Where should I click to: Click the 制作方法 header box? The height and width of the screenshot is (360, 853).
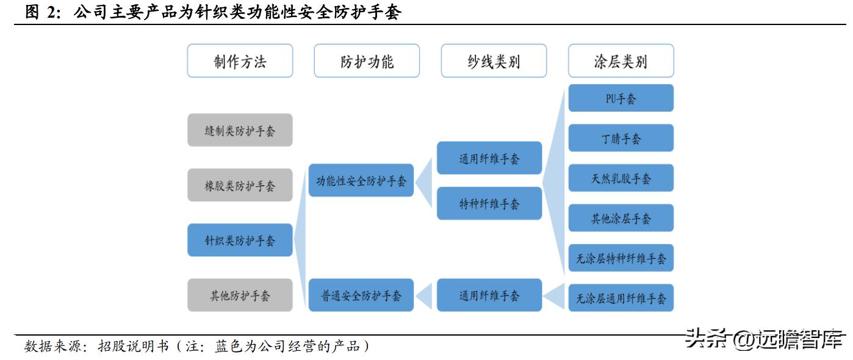[x=240, y=61]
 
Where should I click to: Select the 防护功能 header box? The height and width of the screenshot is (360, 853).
[x=367, y=61]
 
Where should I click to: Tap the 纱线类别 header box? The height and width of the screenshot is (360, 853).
[x=494, y=61]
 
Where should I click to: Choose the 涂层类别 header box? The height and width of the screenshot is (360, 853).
[x=621, y=61]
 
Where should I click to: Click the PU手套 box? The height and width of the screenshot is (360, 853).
[x=621, y=98]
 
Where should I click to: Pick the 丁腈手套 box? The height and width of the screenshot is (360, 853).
[x=621, y=139]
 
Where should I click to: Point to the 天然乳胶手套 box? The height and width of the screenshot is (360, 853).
[x=621, y=178]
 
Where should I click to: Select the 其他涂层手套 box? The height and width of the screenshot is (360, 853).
[x=621, y=218]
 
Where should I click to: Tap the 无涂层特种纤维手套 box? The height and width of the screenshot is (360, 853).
[x=621, y=258]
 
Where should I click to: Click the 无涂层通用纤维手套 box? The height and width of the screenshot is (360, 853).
[x=621, y=298]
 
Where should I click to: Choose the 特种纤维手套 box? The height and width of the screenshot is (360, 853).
[x=489, y=204]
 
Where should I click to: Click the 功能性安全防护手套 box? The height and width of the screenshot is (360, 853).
[x=361, y=181]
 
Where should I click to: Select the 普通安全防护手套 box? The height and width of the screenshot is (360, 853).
[x=361, y=295]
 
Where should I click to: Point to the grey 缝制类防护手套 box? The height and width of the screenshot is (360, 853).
[x=240, y=131]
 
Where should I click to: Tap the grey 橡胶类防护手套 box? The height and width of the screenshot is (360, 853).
[x=240, y=185]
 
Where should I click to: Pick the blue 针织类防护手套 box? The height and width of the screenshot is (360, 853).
[x=240, y=240]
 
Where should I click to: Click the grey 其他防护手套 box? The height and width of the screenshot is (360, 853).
[x=240, y=295]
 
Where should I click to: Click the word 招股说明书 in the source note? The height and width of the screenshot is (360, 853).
[x=129, y=347]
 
